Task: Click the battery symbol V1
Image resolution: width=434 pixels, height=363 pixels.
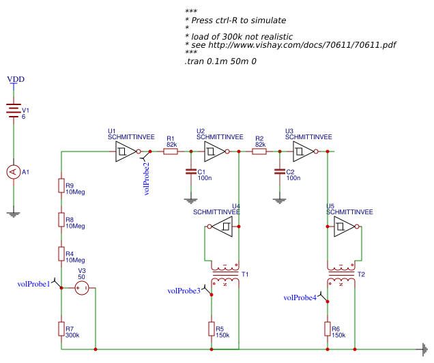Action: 14,112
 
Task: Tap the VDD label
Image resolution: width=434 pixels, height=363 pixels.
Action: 16,80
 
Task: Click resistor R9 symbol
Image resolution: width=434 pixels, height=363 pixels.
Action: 61,186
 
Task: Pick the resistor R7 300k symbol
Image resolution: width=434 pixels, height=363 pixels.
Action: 61,330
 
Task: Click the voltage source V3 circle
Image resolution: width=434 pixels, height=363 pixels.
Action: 82,289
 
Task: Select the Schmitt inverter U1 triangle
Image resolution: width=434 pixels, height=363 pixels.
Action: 126,152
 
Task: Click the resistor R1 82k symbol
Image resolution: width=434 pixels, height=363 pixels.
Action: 171,152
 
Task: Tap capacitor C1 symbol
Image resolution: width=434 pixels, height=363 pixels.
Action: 191,173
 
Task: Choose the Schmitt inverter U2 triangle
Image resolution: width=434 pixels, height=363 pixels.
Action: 215,152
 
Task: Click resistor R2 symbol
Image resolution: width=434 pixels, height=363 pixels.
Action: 259,152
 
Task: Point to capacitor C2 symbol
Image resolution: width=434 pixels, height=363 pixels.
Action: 279,173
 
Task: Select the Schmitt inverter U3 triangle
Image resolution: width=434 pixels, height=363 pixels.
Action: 304,152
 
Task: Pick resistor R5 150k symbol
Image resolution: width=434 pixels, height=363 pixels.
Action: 212,330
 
